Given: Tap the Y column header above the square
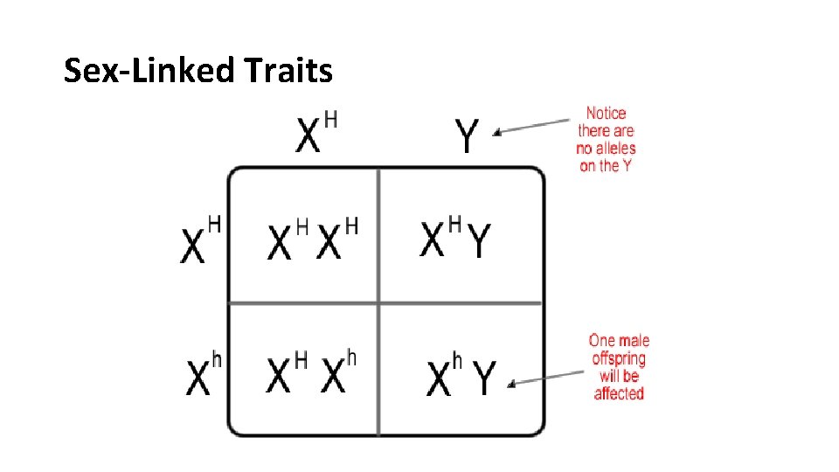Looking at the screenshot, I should point(468,136).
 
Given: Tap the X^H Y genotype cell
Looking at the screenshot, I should point(455,238).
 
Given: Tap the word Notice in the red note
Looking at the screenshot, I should point(606,113).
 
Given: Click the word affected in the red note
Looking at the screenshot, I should point(619,394).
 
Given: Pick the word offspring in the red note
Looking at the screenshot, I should point(619,358).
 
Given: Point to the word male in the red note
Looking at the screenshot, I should point(633,341).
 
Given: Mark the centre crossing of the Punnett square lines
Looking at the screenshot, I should point(378,302).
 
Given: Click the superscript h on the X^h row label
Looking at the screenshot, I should point(217,360).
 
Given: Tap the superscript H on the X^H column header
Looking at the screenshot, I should point(331,120).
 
